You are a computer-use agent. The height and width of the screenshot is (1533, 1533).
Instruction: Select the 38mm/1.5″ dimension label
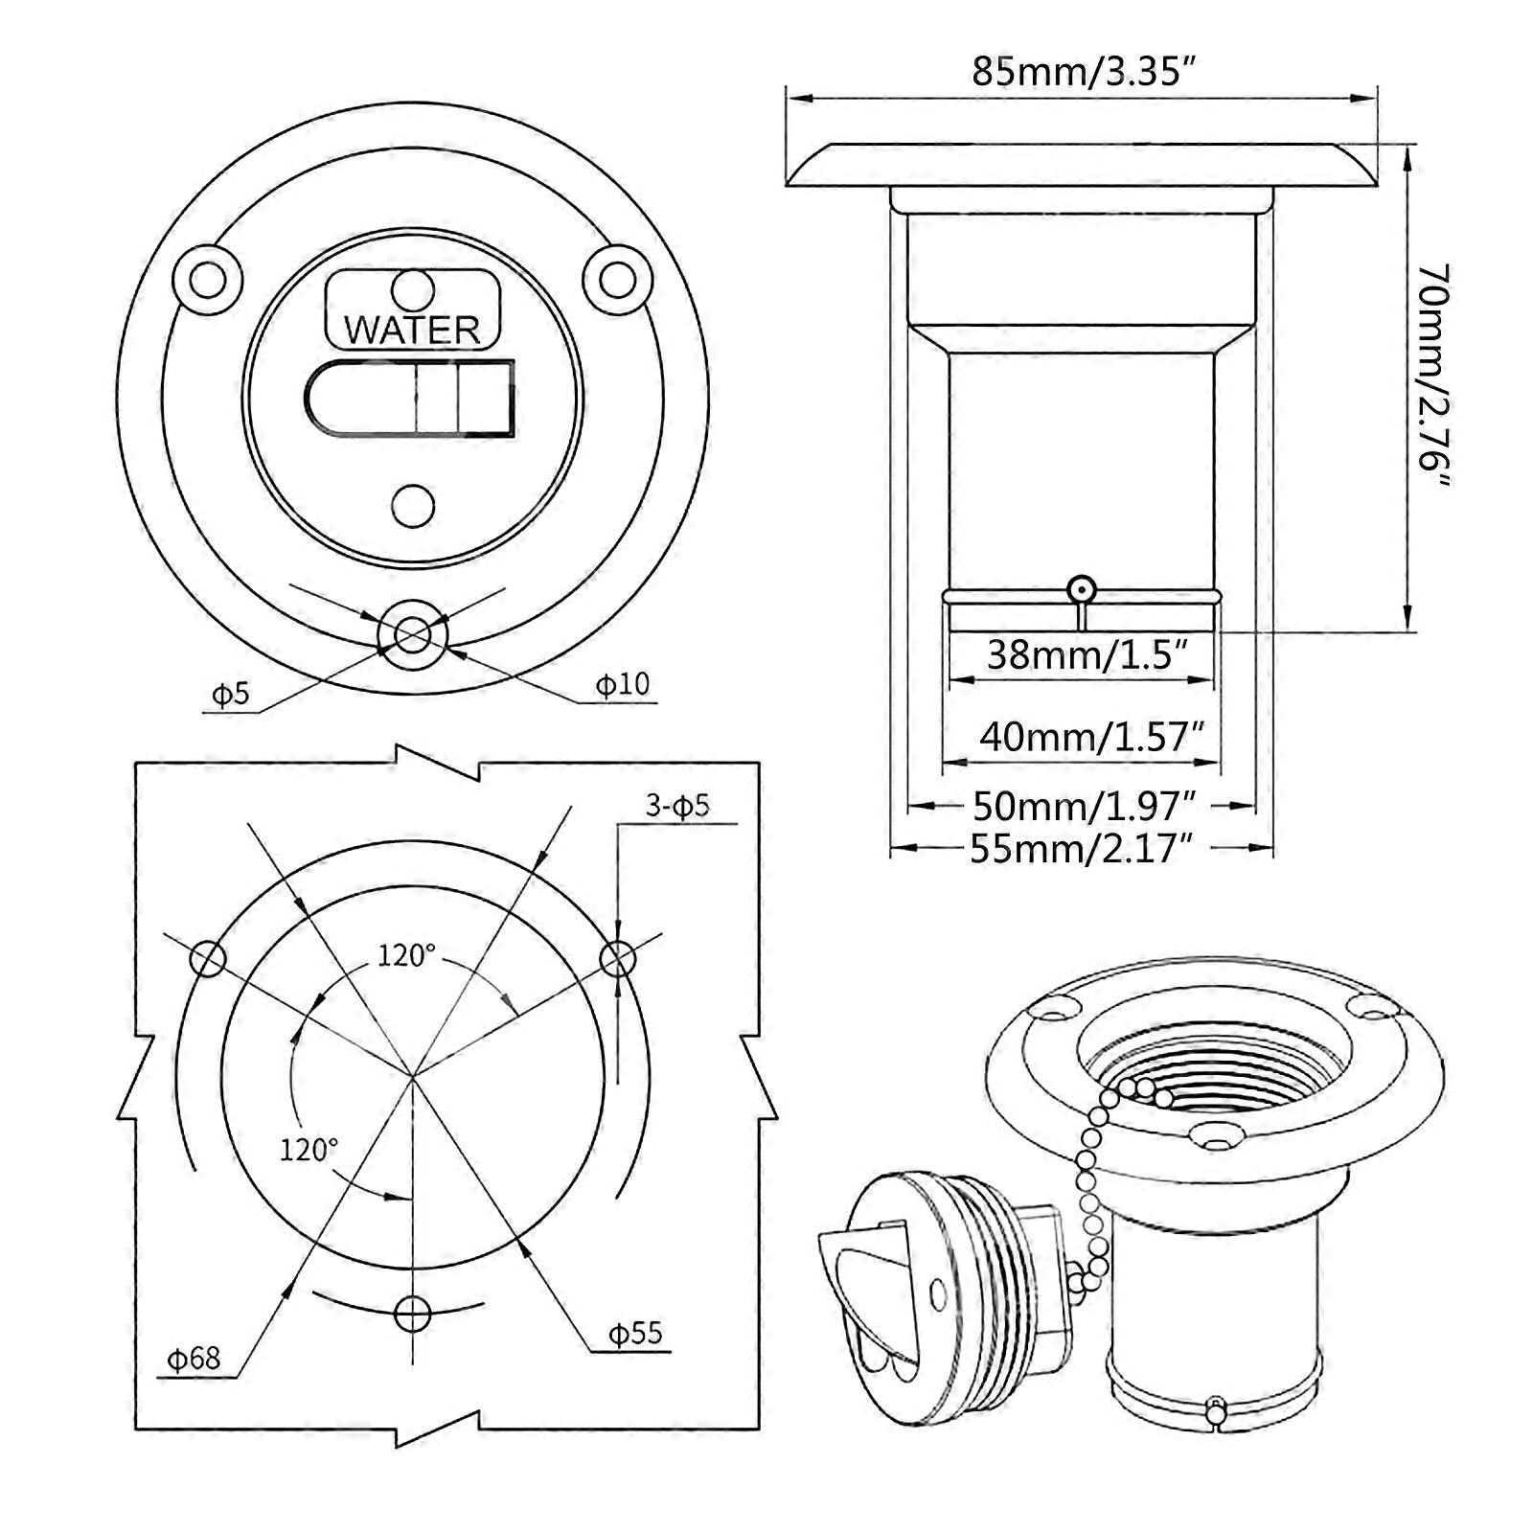[x=1087, y=655]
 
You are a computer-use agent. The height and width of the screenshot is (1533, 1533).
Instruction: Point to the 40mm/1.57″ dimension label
[x=1090, y=737]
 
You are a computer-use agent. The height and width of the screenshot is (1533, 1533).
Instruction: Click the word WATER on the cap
[x=412, y=330]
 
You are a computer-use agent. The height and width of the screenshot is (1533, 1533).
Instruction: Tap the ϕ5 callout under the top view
[x=230, y=694]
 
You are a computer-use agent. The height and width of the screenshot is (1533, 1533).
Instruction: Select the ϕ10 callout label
[x=622, y=684]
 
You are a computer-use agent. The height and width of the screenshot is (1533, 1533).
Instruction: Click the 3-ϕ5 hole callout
[x=676, y=806]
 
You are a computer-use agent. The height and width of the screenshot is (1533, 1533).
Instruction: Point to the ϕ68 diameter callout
[x=194, y=1358]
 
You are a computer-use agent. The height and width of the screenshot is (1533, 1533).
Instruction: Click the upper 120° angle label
[x=405, y=955]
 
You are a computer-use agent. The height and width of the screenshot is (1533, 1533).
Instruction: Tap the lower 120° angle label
[x=309, y=1149]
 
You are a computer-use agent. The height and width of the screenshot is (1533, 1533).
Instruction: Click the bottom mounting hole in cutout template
[x=413, y=1313]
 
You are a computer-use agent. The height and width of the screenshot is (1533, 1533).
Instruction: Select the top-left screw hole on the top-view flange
[x=208, y=281]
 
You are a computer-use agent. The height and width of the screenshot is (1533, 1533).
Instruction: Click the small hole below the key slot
[x=414, y=505]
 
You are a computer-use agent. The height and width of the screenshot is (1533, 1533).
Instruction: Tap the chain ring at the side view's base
[x=1082, y=588]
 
